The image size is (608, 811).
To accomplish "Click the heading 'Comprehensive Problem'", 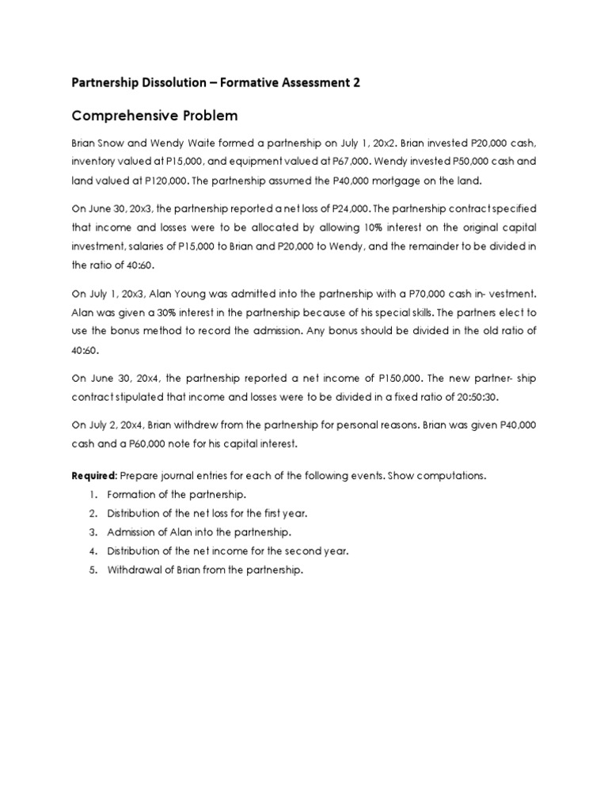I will (154, 116).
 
